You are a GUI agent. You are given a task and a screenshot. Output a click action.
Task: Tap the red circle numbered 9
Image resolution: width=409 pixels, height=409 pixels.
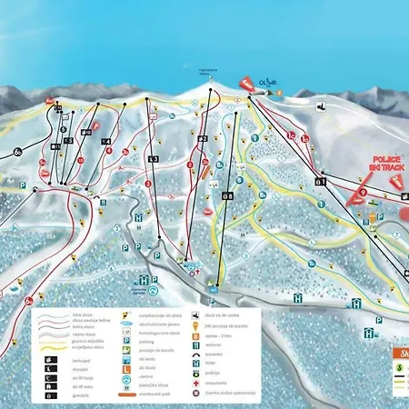pyautogui.click(x=363, y=192)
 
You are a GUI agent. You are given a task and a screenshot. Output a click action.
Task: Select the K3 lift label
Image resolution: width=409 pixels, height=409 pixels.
pyautogui.click(x=154, y=159)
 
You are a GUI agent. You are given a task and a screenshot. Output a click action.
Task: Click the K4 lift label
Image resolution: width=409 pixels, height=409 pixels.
pyautogui.click(x=106, y=142)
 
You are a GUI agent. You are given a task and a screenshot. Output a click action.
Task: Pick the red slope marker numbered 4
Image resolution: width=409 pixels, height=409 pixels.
pyautogui.click(x=189, y=167)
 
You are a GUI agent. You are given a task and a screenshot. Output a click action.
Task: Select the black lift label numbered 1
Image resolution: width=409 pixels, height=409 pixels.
pyautogui.click(x=320, y=180)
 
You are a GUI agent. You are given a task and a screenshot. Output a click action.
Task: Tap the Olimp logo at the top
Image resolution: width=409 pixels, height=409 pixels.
pyautogui.click(x=267, y=83)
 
